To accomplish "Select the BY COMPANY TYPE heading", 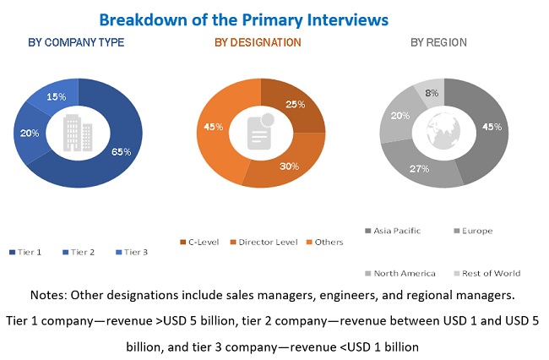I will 77,42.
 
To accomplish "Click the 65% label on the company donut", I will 122,152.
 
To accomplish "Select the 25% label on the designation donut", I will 296,105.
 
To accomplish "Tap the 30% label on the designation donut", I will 290,166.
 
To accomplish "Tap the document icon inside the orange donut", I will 260,132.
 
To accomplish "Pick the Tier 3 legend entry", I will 133,251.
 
